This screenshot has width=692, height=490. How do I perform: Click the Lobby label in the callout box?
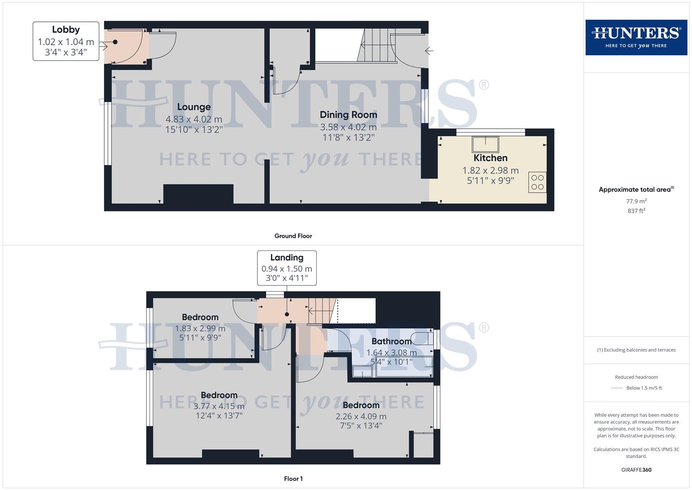click(x=66, y=30)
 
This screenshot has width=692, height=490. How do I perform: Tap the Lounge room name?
click(x=194, y=107)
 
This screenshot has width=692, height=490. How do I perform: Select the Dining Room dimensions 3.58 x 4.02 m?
click(x=348, y=127)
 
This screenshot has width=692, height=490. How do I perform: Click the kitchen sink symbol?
click(x=485, y=144)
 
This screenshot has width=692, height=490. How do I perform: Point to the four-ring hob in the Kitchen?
click(x=537, y=182)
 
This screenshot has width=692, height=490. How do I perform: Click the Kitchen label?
click(x=490, y=158)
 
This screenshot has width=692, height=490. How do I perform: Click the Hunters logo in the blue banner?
click(x=636, y=37)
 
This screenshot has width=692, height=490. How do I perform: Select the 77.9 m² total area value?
click(x=636, y=201)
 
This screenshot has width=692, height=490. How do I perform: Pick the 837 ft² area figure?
click(x=636, y=211)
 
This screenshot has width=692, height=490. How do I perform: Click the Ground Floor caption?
click(x=293, y=236)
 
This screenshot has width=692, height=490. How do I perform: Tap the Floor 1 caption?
click(x=293, y=479)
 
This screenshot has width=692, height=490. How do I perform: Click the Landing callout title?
click(x=287, y=258)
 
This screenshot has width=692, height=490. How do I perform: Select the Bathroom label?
click(x=392, y=341)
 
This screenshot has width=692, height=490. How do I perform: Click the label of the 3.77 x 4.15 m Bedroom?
click(x=219, y=395)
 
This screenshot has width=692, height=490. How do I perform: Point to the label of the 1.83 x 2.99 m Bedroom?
click(x=200, y=317)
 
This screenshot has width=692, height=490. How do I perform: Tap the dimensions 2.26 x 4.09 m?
click(x=361, y=416)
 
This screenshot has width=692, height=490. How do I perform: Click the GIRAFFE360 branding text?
click(x=636, y=470)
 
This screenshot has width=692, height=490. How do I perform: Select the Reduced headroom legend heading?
click(x=636, y=377)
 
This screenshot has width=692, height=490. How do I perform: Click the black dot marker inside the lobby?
click(x=115, y=42)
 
